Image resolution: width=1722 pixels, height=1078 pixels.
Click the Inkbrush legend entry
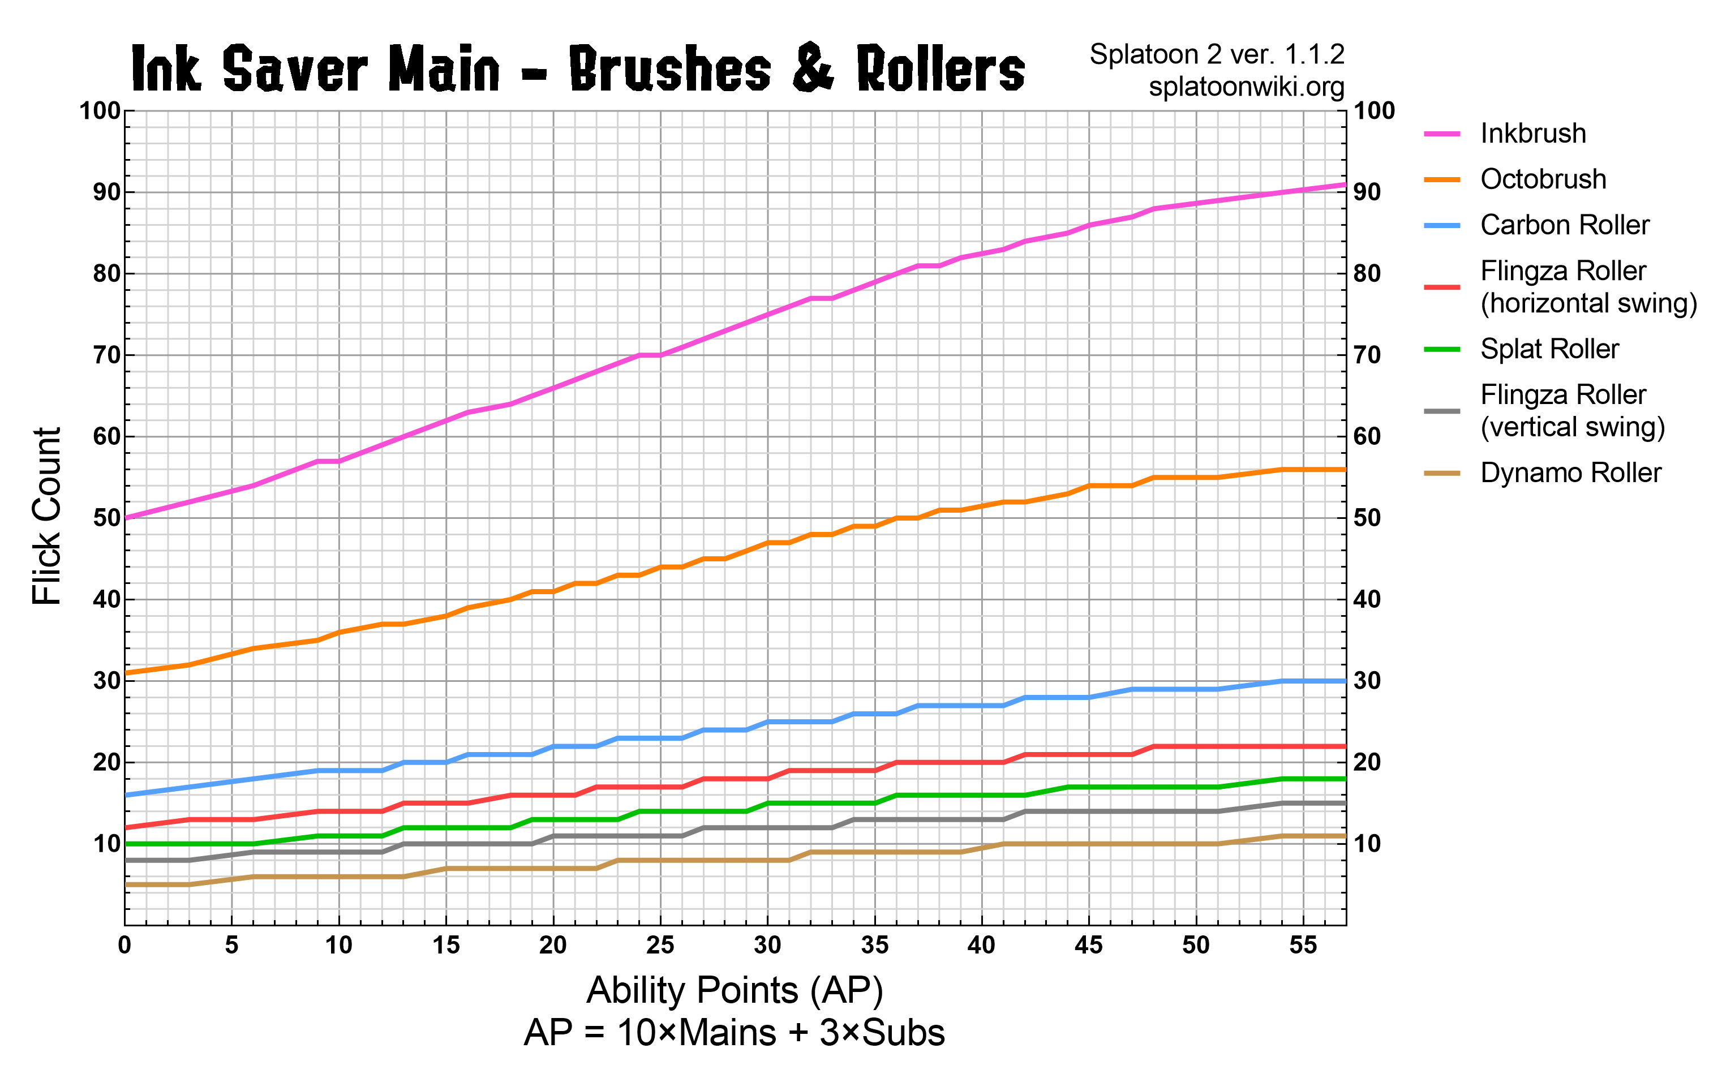coord(1532,134)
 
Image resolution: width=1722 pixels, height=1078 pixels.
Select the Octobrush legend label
coord(1543,179)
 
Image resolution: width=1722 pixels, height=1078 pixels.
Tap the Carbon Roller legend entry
coord(1565,225)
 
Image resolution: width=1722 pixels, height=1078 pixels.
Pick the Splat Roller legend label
coord(1549,349)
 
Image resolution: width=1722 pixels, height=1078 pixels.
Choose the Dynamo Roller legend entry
coord(1570,473)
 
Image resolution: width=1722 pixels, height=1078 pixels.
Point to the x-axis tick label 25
coord(660,946)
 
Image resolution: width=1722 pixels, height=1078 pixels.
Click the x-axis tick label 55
coord(1303,946)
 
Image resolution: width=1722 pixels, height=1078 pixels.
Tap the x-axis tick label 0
coord(124,946)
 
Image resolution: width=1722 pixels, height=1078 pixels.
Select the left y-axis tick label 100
coord(100,111)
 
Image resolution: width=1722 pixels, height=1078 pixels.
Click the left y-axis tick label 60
coord(106,436)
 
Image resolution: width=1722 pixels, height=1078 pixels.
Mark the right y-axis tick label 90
coord(1367,192)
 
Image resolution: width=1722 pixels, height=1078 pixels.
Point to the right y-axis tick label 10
coord(1367,844)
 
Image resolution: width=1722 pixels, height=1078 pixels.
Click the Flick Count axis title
coord(48,516)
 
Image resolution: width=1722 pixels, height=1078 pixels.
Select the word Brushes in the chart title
coord(670,69)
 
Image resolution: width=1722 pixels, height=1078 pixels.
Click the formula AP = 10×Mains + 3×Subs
coord(734,1032)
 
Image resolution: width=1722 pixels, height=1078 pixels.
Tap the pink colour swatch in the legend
coord(1441,134)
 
